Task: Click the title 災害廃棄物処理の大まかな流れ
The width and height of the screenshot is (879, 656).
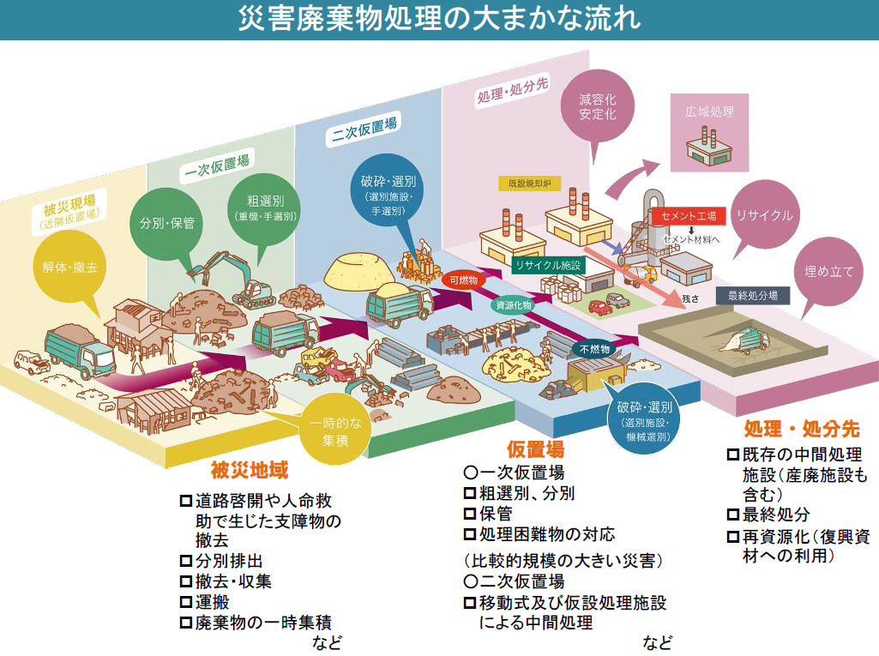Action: pyautogui.click(x=439, y=19)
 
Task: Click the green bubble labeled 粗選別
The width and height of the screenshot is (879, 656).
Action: pyautogui.click(x=265, y=209)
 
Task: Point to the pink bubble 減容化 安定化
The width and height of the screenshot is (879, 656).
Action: pyautogui.click(x=597, y=105)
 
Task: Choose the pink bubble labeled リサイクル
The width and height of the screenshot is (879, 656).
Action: pyautogui.click(x=764, y=215)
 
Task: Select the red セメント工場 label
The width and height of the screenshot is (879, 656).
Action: pyautogui.click(x=689, y=216)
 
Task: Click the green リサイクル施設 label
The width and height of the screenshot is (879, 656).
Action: pyautogui.click(x=547, y=266)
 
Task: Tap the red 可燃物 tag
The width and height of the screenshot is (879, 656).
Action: pyautogui.click(x=464, y=280)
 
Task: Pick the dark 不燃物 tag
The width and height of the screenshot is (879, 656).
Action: pyautogui.click(x=594, y=349)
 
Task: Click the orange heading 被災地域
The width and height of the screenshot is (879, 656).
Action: pyautogui.click(x=250, y=471)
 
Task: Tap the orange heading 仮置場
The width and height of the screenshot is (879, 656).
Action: pyautogui.click(x=535, y=449)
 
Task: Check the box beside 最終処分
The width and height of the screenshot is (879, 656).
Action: pyautogui.click(x=733, y=515)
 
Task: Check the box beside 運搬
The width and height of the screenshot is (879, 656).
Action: pyautogui.click(x=185, y=601)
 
